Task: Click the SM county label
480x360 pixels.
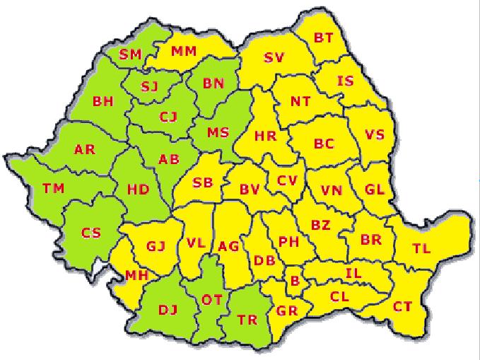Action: coord(131,54)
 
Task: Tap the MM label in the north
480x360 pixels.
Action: coord(184,51)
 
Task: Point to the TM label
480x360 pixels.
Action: coord(53,188)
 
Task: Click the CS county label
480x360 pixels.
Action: coord(90,233)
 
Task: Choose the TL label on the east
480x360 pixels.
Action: coord(422,248)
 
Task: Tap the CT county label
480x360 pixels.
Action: coord(402,306)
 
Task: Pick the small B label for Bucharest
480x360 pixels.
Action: coord(295,281)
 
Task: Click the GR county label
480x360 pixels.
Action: coord(287,310)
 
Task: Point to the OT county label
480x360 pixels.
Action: coord(212,300)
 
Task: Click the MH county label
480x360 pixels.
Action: coord(136,275)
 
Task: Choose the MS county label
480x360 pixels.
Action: coord(218,132)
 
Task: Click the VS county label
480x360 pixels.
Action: coord(375,134)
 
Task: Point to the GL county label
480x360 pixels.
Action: coord(375,189)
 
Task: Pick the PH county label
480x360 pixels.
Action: coord(288,241)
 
